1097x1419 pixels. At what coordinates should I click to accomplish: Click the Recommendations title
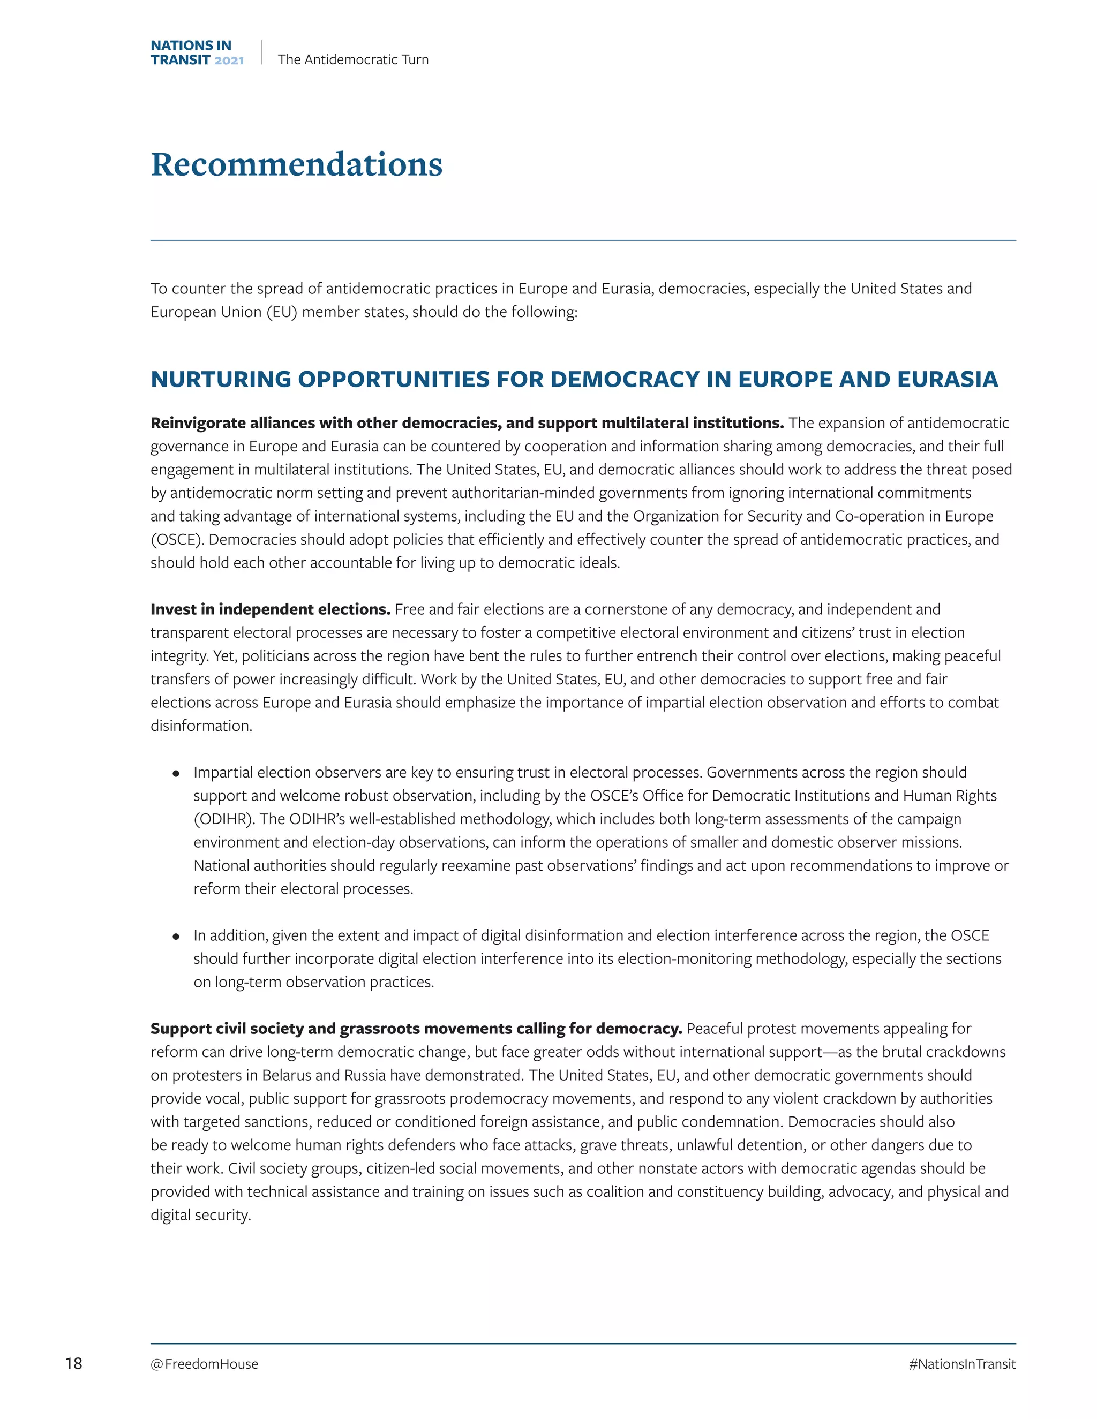coord(296,164)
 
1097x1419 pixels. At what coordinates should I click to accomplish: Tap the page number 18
coord(73,1363)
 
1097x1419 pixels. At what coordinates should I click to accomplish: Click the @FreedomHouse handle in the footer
coord(204,1364)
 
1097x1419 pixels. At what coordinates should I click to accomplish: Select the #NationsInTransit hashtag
coord(962,1364)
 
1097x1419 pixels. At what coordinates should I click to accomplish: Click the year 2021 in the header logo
coord(229,61)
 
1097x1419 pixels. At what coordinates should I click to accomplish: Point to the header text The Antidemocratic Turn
coord(353,59)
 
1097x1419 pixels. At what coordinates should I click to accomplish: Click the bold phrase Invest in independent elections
coord(271,609)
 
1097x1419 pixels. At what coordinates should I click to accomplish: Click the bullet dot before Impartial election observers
coord(176,773)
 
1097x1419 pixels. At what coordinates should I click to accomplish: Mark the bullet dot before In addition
coord(176,936)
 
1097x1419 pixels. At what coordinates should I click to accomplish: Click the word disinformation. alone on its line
coord(201,726)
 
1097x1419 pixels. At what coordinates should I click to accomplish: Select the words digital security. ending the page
coord(201,1215)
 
